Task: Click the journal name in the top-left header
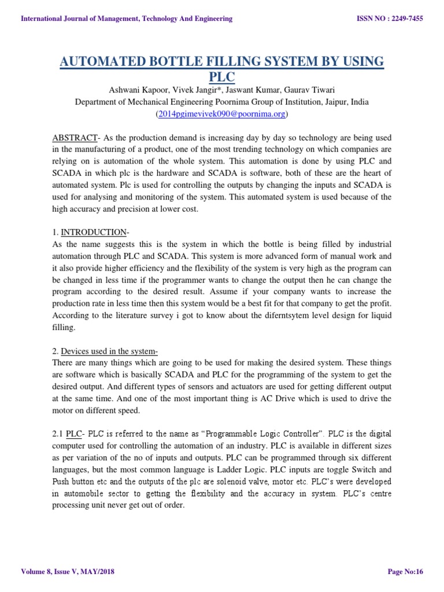126,18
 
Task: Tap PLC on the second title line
221,77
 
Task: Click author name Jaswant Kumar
251,90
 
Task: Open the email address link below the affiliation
222,114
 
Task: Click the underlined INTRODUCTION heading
93,232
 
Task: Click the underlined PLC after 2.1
74,433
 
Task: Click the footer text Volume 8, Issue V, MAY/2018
68,572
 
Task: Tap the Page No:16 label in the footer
405,572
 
